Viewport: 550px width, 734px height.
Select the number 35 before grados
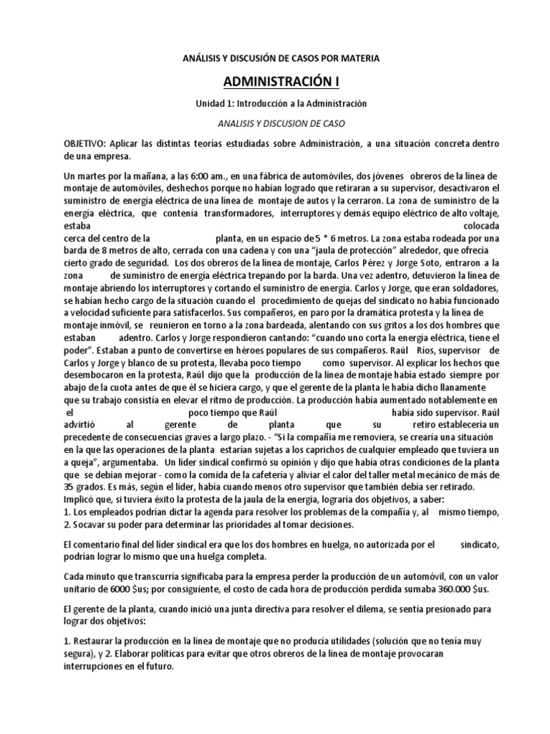(70, 486)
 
